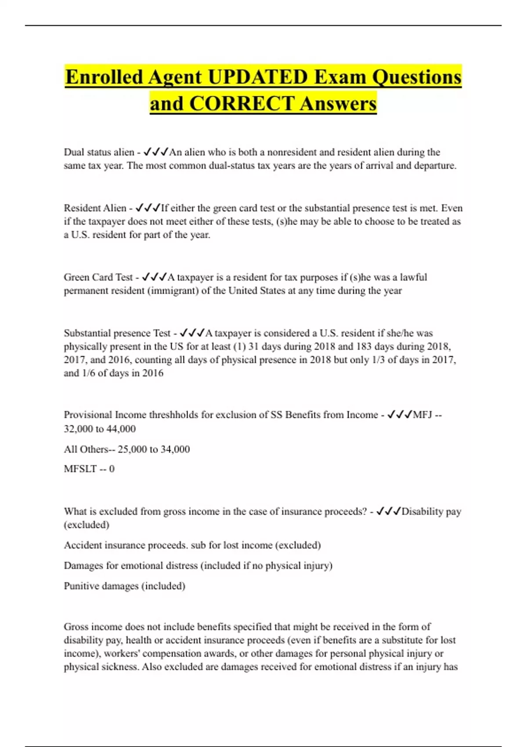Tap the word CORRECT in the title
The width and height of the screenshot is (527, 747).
(x=242, y=104)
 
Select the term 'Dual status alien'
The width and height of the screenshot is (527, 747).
(x=99, y=152)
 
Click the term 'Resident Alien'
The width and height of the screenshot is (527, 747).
(x=95, y=208)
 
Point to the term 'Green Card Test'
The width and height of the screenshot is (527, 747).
(x=98, y=277)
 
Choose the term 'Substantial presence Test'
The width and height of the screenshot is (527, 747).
(x=117, y=333)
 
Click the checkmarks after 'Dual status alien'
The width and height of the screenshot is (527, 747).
(x=156, y=152)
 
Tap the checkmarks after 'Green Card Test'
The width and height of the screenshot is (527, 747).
(x=155, y=277)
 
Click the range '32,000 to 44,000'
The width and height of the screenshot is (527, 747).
(x=100, y=429)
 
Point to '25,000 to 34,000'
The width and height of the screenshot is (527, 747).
(x=154, y=450)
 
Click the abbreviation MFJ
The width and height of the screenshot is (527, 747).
(x=422, y=415)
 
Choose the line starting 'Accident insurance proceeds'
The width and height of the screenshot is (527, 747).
(x=192, y=545)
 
